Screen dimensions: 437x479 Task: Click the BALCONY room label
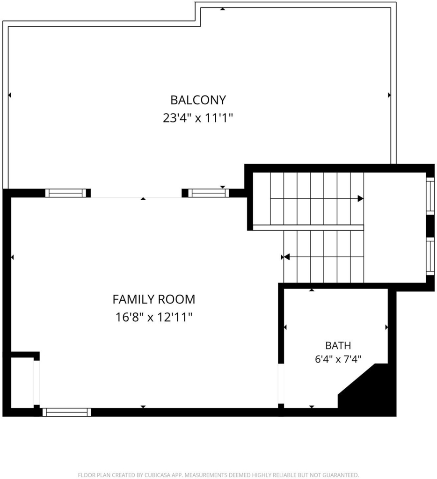(198, 100)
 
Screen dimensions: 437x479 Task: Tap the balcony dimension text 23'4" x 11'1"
(198, 117)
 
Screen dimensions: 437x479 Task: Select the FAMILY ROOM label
(154, 299)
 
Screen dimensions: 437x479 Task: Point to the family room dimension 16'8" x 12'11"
(154, 317)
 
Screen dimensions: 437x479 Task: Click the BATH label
(338, 346)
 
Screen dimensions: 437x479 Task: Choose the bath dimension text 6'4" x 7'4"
(338, 359)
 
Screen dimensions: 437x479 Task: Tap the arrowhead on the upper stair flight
(361, 198)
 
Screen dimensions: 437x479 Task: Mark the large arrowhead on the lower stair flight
(287, 257)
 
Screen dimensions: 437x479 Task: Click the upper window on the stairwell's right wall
(430, 196)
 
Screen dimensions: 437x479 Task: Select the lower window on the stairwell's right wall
(430, 256)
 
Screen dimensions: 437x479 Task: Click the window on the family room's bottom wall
(66, 412)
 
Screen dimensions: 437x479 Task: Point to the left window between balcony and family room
(66, 193)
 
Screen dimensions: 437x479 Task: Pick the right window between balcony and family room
(208, 193)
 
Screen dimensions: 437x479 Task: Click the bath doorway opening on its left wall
(281, 384)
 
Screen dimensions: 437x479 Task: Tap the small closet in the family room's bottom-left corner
(22, 382)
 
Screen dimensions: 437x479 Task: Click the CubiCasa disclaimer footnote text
(218, 475)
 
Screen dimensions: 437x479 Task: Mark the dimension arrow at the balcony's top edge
(223, 9)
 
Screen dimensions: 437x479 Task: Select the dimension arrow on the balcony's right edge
(389, 95)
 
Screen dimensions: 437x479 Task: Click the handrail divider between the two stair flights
(308, 228)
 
